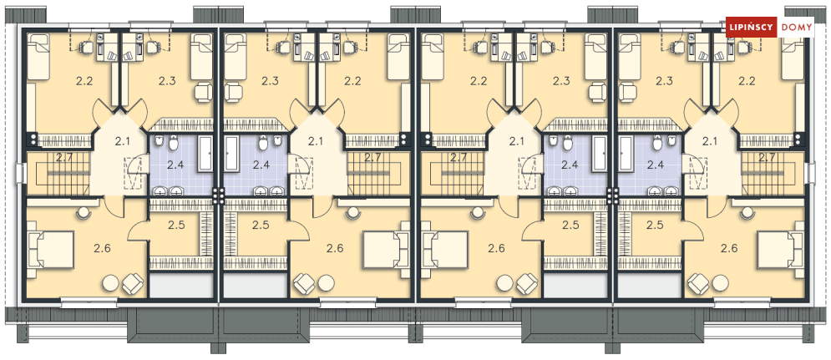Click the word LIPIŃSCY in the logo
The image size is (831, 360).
[x=751, y=28]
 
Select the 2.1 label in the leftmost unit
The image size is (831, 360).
[x=123, y=140]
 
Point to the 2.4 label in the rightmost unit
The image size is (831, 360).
[x=655, y=165]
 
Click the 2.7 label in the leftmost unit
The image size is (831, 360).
[x=64, y=157]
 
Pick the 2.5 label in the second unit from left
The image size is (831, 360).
[x=261, y=225]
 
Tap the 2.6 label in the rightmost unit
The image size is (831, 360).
[x=729, y=247]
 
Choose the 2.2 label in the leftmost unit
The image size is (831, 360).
[x=84, y=81]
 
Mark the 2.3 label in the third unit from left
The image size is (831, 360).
[x=560, y=81]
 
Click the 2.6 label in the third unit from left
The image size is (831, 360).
[x=496, y=247]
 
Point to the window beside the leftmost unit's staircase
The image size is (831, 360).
[x=18, y=172]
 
